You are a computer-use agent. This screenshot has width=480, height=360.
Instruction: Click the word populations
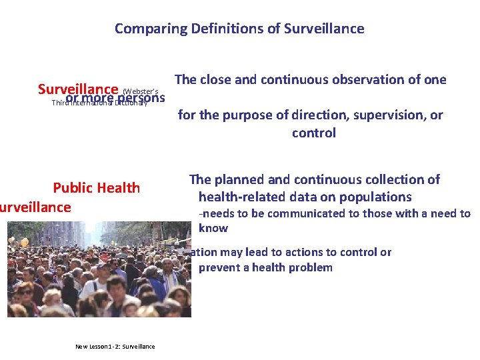(x=377, y=197)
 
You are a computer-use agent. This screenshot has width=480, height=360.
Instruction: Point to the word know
(x=213, y=228)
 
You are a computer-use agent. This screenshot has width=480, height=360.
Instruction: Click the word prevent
(x=220, y=267)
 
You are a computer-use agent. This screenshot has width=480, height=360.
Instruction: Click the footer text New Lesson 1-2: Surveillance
(x=115, y=346)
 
